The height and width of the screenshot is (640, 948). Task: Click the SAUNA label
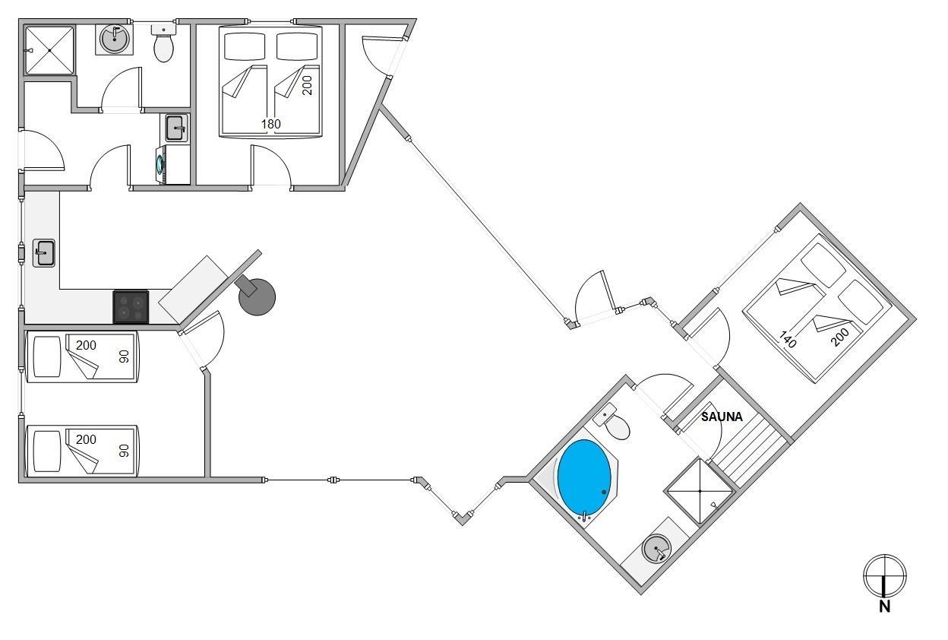tap(721, 417)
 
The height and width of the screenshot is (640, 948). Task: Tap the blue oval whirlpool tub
tap(584, 479)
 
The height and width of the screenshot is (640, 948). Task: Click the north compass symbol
tap(885, 575)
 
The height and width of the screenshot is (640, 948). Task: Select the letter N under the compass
tap(885, 607)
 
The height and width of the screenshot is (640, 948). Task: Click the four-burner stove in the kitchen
tap(131, 307)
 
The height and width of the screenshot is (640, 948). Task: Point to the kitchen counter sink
tap(44, 252)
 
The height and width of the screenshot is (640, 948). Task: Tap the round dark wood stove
tap(257, 296)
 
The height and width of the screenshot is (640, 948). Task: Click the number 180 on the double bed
tap(271, 124)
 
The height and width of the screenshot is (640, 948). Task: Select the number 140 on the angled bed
tap(788, 338)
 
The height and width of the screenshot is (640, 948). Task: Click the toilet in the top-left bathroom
tap(163, 46)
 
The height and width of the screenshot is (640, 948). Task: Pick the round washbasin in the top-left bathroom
tap(115, 40)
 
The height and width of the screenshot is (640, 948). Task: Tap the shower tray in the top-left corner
tap(50, 50)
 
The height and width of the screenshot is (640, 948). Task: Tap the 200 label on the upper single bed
tap(86, 345)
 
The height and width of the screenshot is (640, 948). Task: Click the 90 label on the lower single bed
tap(125, 450)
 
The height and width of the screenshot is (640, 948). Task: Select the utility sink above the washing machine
tap(175, 128)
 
